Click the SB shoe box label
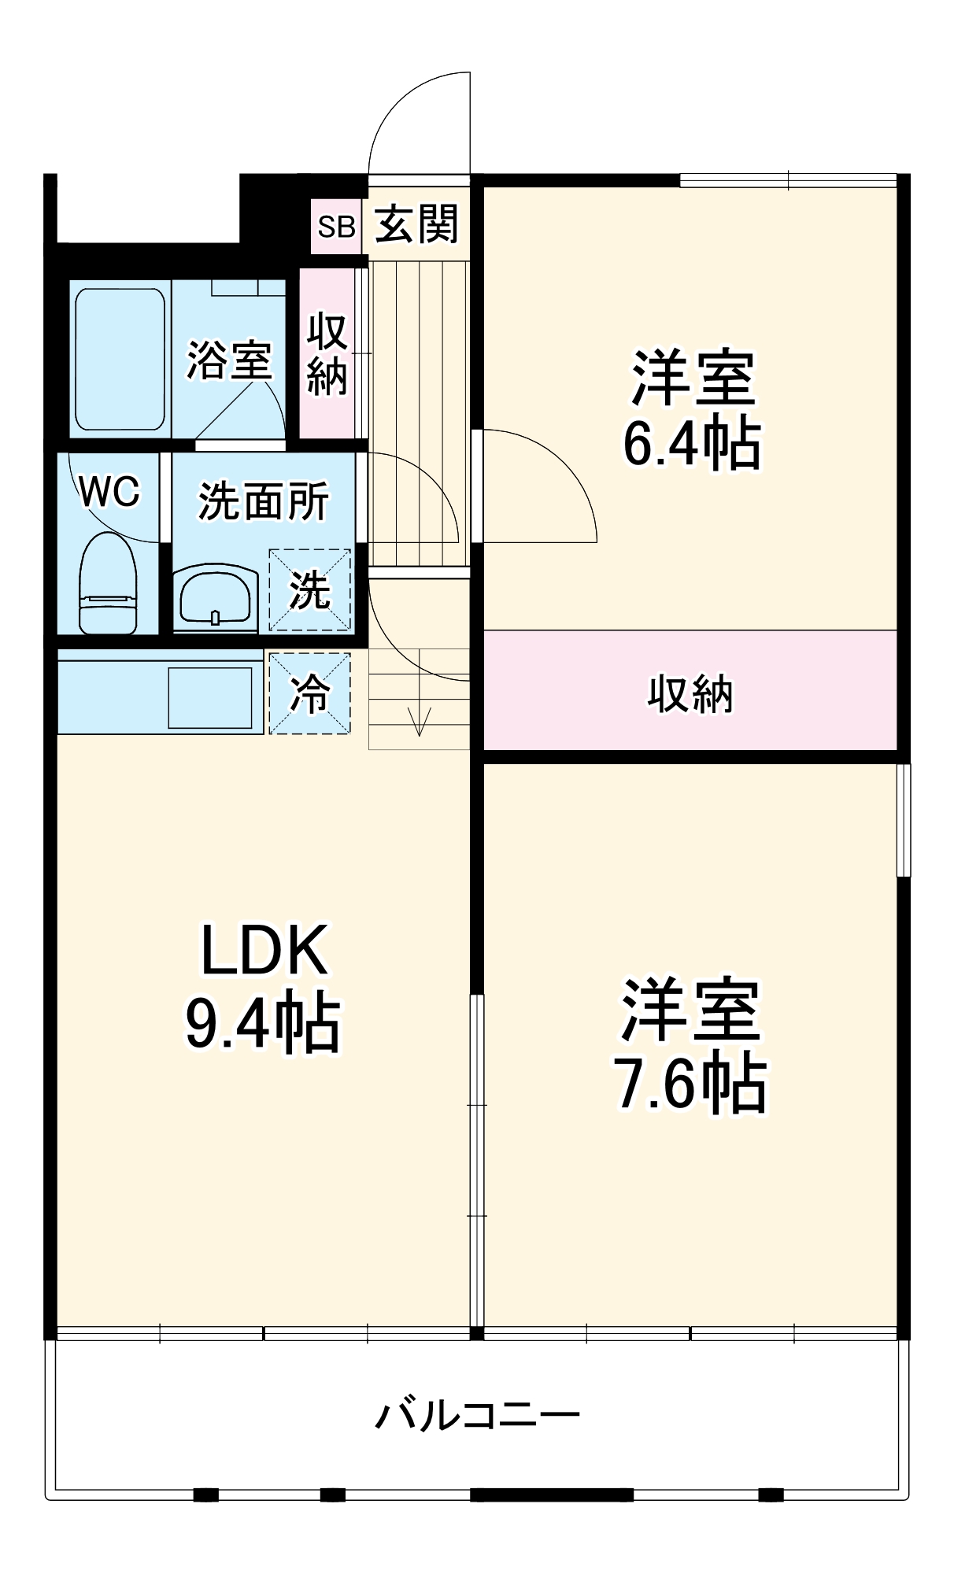click(x=336, y=227)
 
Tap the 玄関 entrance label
click(x=416, y=225)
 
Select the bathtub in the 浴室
click(x=120, y=359)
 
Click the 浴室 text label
click(x=229, y=360)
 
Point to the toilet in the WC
click(x=109, y=583)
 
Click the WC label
click(x=109, y=492)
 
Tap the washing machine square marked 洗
click(x=309, y=589)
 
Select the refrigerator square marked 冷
click(x=310, y=693)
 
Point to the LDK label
click(x=264, y=951)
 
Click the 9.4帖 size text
click(x=263, y=1024)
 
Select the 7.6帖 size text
click(x=690, y=1085)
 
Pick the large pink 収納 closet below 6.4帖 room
click(x=690, y=693)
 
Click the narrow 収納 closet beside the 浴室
click(x=327, y=353)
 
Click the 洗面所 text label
click(x=264, y=501)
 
